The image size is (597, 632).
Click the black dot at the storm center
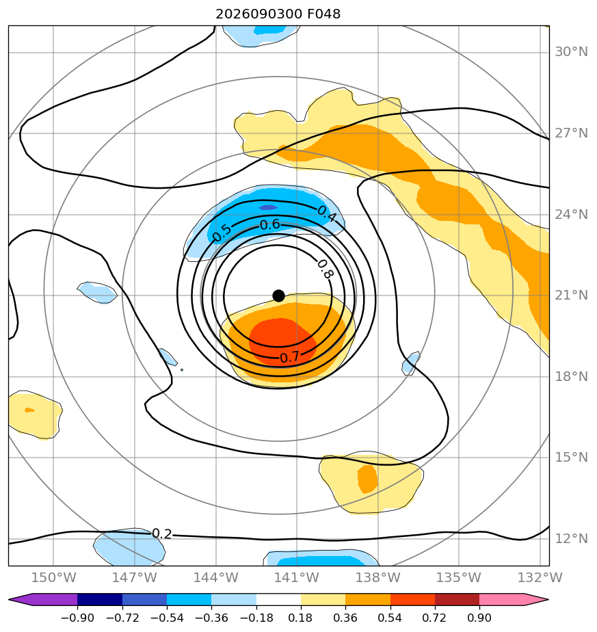tap(278, 296)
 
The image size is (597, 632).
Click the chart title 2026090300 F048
tap(278, 14)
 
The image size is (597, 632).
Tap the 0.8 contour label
tap(325, 269)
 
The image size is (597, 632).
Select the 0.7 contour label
tap(289, 357)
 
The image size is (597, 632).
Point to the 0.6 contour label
tap(269, 224)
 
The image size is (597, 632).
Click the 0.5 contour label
tap(222, 233)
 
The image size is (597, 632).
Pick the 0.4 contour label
tap(326, 213)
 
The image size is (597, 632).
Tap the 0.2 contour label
tap(161, 534)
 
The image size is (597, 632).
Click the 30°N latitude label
tap(571, 52)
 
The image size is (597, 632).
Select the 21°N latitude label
tap(571, 295)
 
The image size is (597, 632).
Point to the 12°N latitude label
tap(571, 538)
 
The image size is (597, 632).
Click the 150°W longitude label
tap(53, 577)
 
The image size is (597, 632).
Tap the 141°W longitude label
tap(297, 577)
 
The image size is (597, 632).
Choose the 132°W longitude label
tap(540, 577)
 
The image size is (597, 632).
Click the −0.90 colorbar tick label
tap(77, 618)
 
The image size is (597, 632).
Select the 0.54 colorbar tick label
tap(390, 618)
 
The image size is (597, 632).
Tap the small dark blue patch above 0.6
tap(268, 207)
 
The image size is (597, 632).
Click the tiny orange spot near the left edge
tap(29, 410)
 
